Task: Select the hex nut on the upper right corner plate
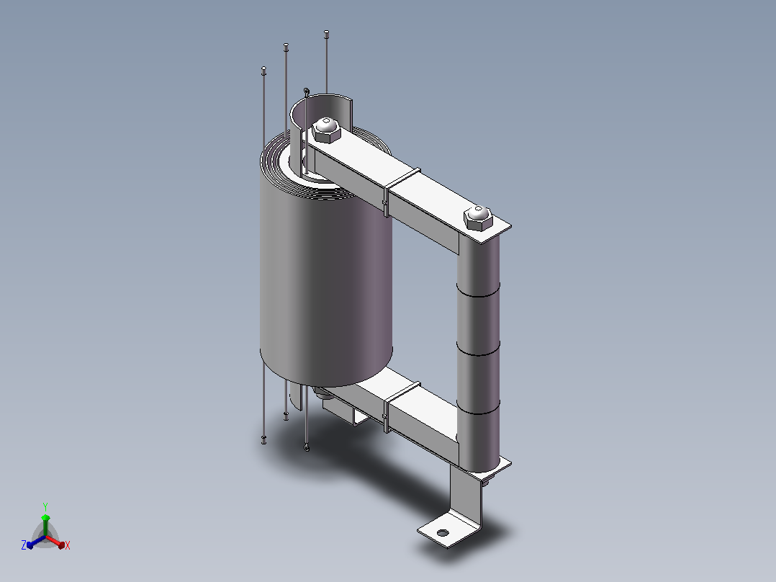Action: (478, 218)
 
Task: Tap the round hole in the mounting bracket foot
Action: (443, 533)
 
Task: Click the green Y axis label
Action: (45, 506)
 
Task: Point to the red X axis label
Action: (68, 545)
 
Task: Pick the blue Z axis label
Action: (24, 545)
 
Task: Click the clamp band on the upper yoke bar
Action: (402, 191)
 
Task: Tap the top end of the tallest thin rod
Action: (326, 33)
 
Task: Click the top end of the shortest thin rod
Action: (263, 69)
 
